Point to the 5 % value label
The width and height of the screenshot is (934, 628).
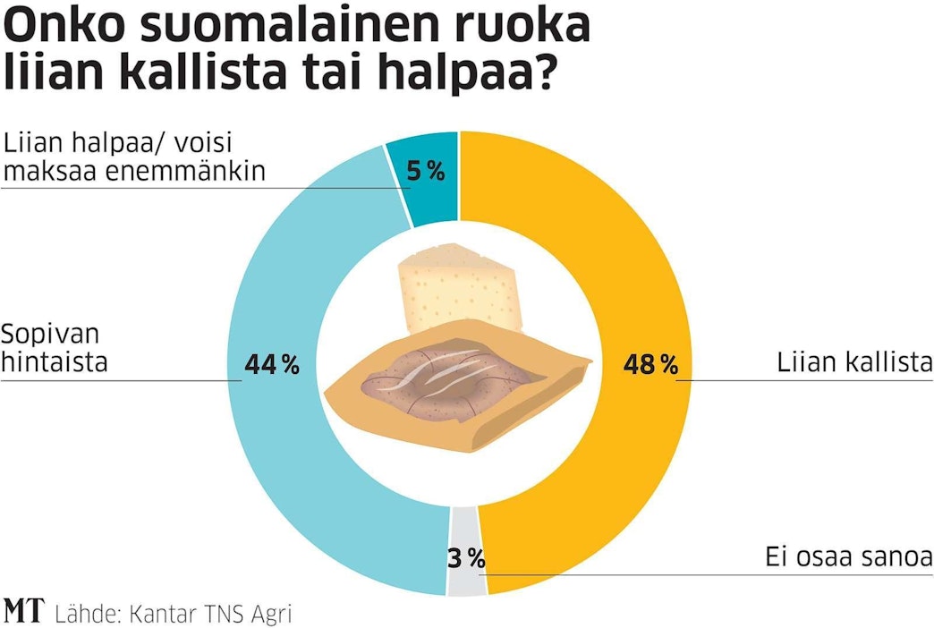coord(426,172)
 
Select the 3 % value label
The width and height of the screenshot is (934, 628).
coord(465,561)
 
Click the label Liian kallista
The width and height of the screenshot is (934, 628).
coord(854,364)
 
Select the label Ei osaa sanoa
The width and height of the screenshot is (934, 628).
coord(848,556)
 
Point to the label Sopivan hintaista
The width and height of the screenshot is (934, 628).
coord(54,349)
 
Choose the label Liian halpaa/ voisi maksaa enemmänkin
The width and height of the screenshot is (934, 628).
coord(134,157)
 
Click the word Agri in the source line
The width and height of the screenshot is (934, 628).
coord(268,614)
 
